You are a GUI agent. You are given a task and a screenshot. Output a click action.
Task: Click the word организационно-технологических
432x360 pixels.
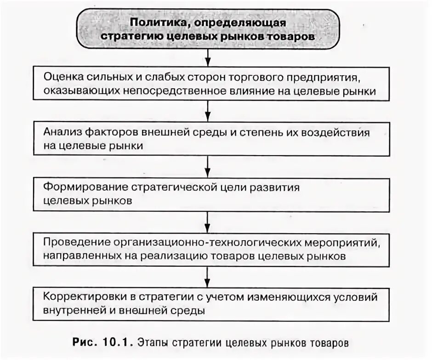coord(218,242)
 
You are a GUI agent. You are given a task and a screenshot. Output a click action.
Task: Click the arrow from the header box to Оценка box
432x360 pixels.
coord(208,56)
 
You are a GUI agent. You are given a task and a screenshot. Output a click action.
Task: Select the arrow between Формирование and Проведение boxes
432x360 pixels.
coord(208,221)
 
